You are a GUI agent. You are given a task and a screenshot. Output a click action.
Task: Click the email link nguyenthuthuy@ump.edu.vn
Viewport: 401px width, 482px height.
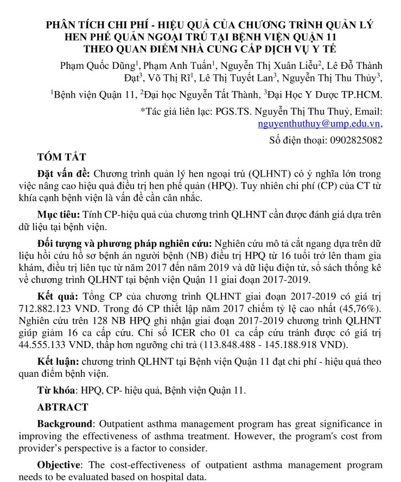(x=321, y=124)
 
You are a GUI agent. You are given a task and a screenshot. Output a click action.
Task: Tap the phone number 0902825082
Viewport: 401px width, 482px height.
(x=355, y=140)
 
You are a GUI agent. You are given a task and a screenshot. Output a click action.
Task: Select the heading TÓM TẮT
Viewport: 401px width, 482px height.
(x=61, y=157)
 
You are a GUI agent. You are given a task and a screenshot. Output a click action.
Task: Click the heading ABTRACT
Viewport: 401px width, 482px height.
(x=62, y=407)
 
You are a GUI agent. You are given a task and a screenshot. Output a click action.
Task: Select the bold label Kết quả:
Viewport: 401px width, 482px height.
(x=57, y=298)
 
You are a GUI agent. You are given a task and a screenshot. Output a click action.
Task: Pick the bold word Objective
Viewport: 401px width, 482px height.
(x=59, y=465)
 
